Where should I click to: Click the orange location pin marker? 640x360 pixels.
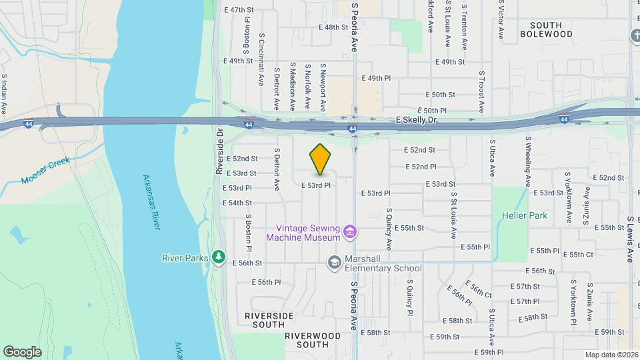321,159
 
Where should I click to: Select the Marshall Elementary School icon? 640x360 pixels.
334,263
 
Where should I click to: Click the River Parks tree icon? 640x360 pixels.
218,257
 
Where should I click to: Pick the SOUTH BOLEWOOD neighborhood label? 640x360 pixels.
546,29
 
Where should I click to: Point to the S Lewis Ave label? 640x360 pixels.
630,239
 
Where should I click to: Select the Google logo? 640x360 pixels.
22,352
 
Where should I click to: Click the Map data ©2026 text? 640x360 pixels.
611,355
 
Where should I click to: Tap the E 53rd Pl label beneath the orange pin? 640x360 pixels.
316,185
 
